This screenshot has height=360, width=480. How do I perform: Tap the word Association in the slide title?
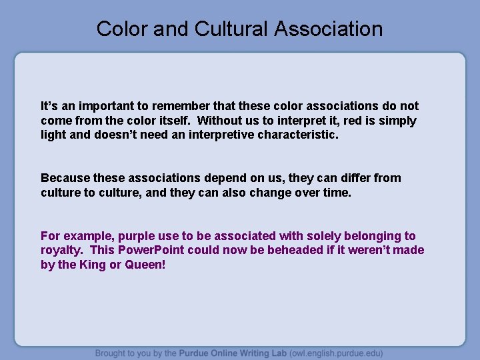pos(328,29)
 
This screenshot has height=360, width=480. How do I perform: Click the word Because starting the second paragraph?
pos(65,178)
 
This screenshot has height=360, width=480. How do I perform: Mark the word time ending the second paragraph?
pos(336,193)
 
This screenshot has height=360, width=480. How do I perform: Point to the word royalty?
pos(62,251)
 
